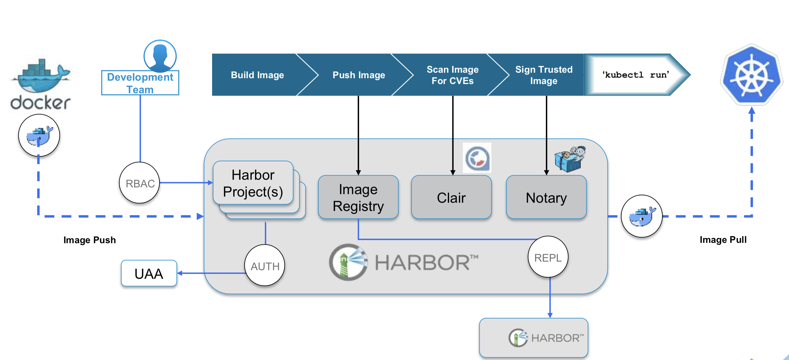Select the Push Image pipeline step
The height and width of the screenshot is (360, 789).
(359, 75)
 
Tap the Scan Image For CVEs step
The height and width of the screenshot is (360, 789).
(452, 75)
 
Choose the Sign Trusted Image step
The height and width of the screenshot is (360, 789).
(544, 75)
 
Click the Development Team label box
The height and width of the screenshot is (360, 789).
(140, 83)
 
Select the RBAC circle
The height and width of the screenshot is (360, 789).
(140, 183)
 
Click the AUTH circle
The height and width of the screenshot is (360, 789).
(265, 266)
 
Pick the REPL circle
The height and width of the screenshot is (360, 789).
(548, 257)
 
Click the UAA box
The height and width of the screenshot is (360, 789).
(149, 274)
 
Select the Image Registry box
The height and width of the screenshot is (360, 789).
(358, 197)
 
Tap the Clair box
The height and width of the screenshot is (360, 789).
(451, 197)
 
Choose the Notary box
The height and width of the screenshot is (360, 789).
(546, 197)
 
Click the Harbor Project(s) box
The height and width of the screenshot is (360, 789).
(253, 183)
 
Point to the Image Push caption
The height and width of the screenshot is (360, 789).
(90, 240)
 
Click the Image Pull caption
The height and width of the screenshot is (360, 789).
(723, 239)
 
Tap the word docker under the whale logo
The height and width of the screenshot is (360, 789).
(40, 102)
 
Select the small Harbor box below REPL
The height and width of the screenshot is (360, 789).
(533, 338)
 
